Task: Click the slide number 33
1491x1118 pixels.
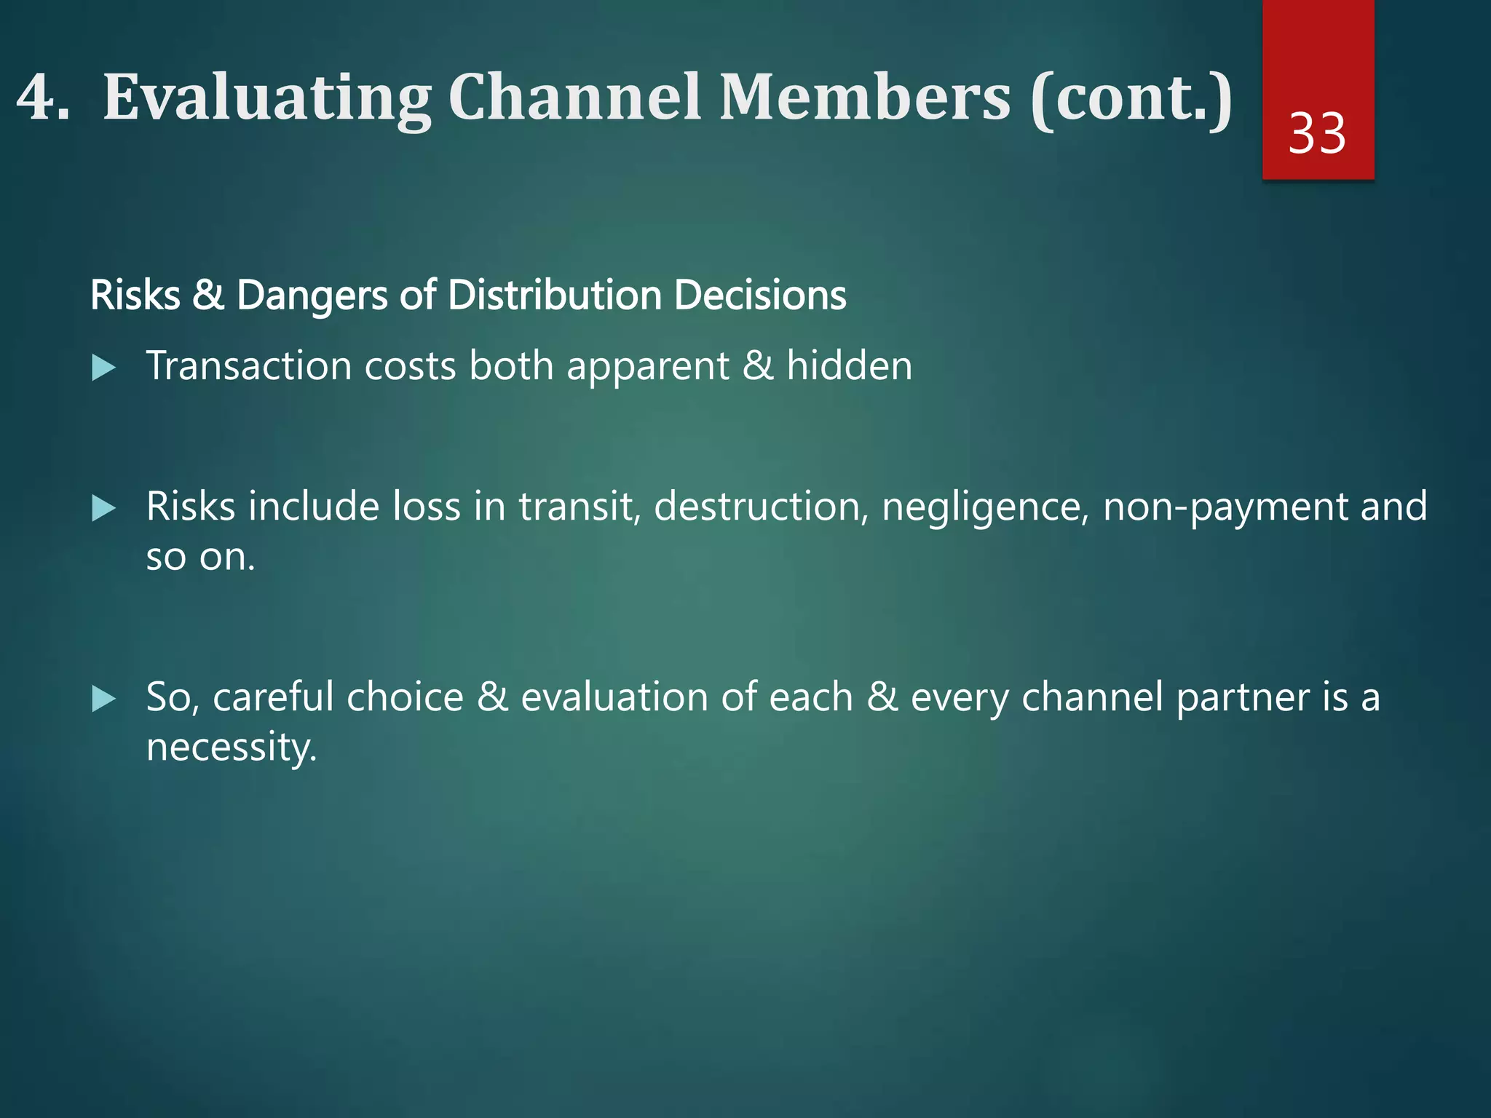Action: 1317,134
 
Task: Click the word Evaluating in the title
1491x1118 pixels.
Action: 267,98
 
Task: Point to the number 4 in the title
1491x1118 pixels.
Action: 36,98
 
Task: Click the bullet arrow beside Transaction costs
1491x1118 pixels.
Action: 103,368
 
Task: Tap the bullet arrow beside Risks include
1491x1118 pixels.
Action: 103,508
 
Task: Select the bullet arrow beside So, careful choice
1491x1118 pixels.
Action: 103,699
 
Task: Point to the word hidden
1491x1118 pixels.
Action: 849,365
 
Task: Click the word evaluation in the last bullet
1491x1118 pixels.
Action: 614,697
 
